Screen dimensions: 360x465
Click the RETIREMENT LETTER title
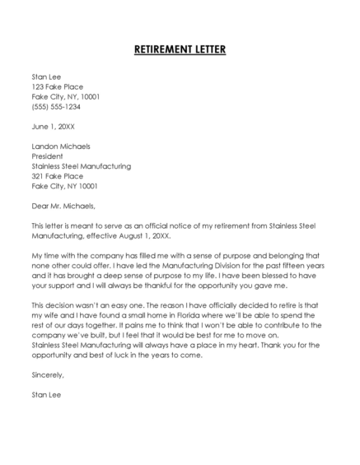[x=180, y=49]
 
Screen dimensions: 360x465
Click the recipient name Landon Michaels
[x=61, y=146]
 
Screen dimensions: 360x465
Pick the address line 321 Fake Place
[x=58, y=175]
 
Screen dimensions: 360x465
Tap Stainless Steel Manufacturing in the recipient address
[x=81, y=165]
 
